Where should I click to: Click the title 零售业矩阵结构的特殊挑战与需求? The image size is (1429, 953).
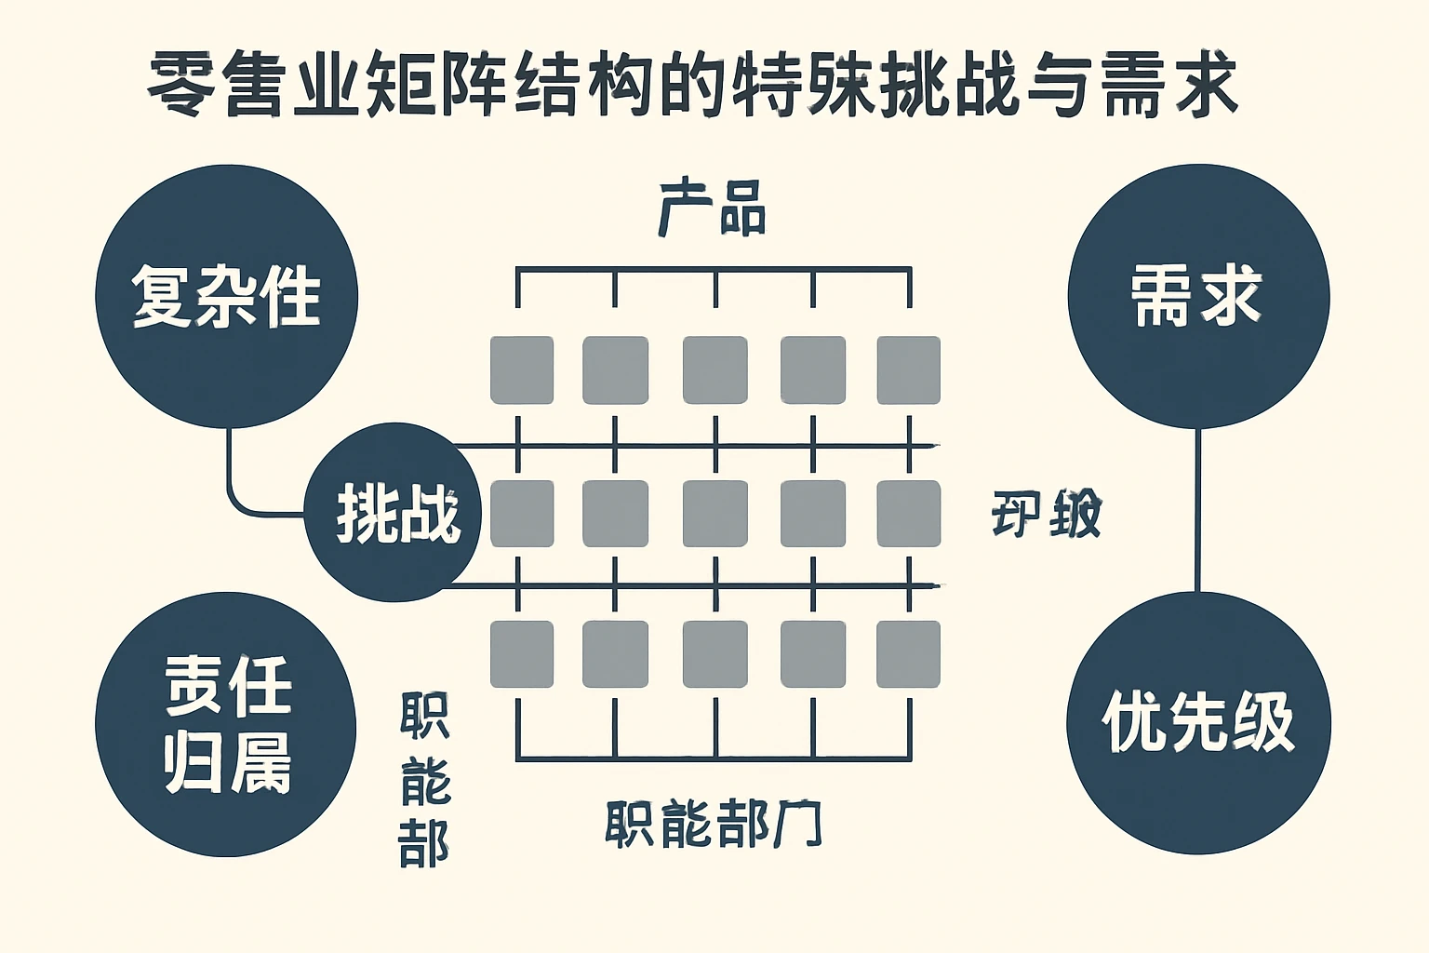pyautogui.click(x=692, y=86)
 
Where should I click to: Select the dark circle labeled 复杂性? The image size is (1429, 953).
pyautogui.click(x=227, y=296)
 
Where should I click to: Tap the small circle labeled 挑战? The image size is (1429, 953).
pyautogui.click(x=394, y=512)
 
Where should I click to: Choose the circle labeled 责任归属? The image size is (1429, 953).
pyautogui.click(x=226, y=724)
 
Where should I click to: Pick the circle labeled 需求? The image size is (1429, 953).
pyautogui.click(x=1198, y=296)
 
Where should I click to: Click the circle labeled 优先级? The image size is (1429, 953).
pyautogui.click(x=1198, y=722)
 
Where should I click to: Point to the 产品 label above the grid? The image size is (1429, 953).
pyautogui.click(x=713, y=208)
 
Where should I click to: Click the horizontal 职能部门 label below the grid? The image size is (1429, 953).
pyautogui.click(x=713, y=824)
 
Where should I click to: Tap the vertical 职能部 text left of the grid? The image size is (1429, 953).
pyautogui.click(x=424, y=780)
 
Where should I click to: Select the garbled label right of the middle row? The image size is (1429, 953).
pyautogui.click(x=1046, y=514)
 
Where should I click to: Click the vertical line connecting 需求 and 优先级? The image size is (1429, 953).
pyautogui.click(x=1197, y=510)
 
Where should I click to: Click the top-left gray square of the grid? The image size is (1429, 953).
pyautogui.click(x=522, y=370)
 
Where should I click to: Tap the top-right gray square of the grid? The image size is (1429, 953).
pyautogui.click(x=908, y=370)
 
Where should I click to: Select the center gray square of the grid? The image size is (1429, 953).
pyautogui.click(x=714, y=514)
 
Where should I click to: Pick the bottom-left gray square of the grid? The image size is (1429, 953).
pyautogui.click(x=522, y=654)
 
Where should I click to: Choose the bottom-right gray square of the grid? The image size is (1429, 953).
pyautogui.click(x=908, y=654)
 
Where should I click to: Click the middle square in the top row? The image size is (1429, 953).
pyautogui.click(x=714, y=370)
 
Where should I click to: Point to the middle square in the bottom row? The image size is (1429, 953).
pyautogui.click(x=714, y=654)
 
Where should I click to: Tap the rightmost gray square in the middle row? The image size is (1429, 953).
pyautogui.click(x=908, y=514)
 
